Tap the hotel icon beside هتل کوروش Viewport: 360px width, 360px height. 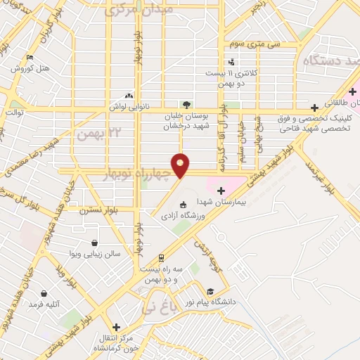[x=30, y=58]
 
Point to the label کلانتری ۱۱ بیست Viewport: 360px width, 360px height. [x=232, y=72]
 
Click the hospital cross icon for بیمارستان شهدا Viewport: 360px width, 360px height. [x=221, y=190]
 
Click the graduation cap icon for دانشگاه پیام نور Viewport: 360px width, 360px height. [x=210, y=291]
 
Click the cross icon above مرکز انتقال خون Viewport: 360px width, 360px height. [x=117, y=327]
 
